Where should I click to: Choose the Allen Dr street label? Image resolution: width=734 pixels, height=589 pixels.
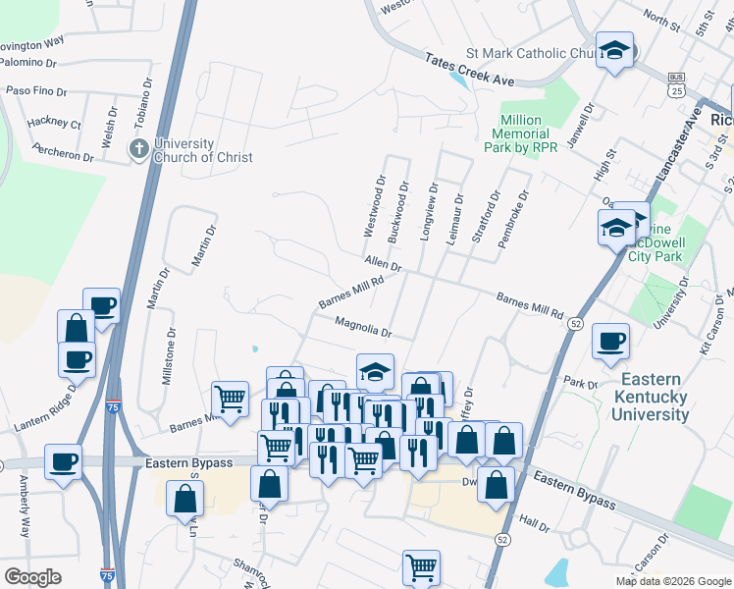[x=383, y=263]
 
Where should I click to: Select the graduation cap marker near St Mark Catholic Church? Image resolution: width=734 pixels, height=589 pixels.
[x=615, y=52]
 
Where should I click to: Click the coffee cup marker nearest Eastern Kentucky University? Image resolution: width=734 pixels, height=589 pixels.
[x=611, y=342]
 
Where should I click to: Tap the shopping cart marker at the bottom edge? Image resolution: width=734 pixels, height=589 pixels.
[x=421, y=567]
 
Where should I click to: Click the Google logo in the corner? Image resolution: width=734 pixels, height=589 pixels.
[x=32, y=577]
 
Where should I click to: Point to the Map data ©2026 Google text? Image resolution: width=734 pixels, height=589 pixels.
[x=673, y=581]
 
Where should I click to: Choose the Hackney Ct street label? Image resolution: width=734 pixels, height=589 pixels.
[x=55, y=124]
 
